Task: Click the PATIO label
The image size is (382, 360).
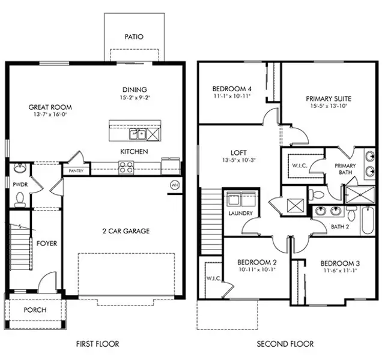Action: pyautogui.click(x=134, y=37)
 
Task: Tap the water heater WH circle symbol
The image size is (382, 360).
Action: pyautogui.click(x=174, y=185)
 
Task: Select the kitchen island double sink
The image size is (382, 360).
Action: pyautogui.click(x=138, y=134)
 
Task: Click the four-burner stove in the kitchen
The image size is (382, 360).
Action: pyautogui.click(x=126, y=167)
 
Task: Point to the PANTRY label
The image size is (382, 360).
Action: pyautogui.click(x=76, y=171)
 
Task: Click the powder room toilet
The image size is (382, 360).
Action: pyautogui.click(x=20, y=200)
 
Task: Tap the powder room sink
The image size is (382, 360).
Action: pyautogui.click(x=19, y=168)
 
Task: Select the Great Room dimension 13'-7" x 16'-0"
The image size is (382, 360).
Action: pyautogui.click(x=50, y=115)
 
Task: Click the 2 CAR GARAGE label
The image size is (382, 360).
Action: pyautogui.click(x=126, y=231)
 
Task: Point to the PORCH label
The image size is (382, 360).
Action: pyautogui.click(x=35, y=310)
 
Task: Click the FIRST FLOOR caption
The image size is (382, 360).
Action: pyautogui.click(x=98, y=344)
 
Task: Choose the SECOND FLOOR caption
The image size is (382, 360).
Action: pyautogui.click(x=285, y=344)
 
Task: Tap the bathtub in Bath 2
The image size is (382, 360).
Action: pyautogui.click(x=368, y=221)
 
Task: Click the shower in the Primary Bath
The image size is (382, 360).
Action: pyautogui.click(x=360, y=194)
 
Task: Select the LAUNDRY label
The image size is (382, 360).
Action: pyautogui.click(x=241, y=213)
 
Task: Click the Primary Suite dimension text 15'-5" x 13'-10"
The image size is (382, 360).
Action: pyautogui.click(x=329, y=106)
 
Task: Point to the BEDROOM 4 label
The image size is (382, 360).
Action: pyautogui.click(x=232, y=89)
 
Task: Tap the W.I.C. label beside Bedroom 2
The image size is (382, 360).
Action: pyautogui.click(x=214, y=278)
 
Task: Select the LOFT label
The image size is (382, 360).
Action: pyautogui.click(x=239, y=153)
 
